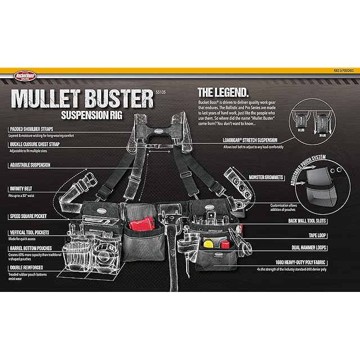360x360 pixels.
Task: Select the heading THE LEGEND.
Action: [223, 91]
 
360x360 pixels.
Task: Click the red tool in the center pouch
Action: [142, 223]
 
